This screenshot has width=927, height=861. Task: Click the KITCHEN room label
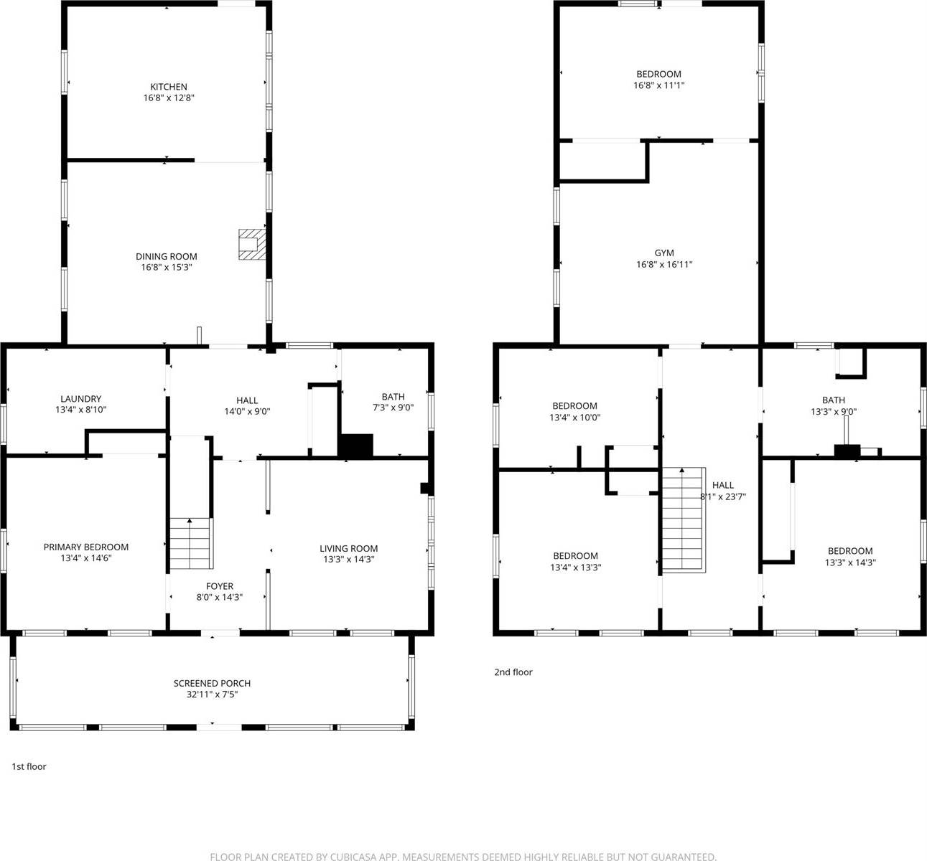click(x=168, y=87)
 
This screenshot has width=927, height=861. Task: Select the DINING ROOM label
click(x=166, y=256)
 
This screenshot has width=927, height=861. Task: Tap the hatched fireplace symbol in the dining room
click(x=251, y=244)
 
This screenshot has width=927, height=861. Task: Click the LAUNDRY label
click(x=80, y=399)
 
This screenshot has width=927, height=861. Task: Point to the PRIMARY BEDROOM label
click(x=85, y=547)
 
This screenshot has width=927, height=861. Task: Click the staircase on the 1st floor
click(x=191, y=543)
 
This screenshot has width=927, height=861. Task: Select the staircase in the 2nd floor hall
click(x=682, y=519)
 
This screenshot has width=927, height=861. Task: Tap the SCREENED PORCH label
click(x=212, y=683)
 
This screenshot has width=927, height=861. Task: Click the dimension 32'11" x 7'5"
click(x=212, y=695)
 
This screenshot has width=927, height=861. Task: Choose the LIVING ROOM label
click(x=348, y=548)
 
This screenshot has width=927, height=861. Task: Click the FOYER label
click(x=219, y=586)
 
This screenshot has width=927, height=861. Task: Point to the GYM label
click(x=663, y=253)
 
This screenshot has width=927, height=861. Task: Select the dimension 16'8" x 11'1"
click(x=658, y=85)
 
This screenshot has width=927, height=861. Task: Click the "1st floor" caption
click(x=29, y=766)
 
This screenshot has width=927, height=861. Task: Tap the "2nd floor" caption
click(x=513, y=672)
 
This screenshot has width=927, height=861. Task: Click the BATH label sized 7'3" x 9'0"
click(x=393, y=397)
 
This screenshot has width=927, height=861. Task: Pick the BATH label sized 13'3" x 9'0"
click(x=833, y=400)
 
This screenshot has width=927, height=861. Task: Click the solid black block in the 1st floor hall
click(x=356, y=446)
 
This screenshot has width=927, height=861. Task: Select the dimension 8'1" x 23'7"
click(x=722, y=497)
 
